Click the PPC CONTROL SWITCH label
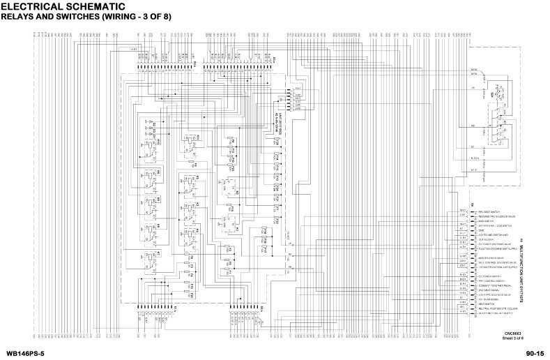(x=491, y=280)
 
